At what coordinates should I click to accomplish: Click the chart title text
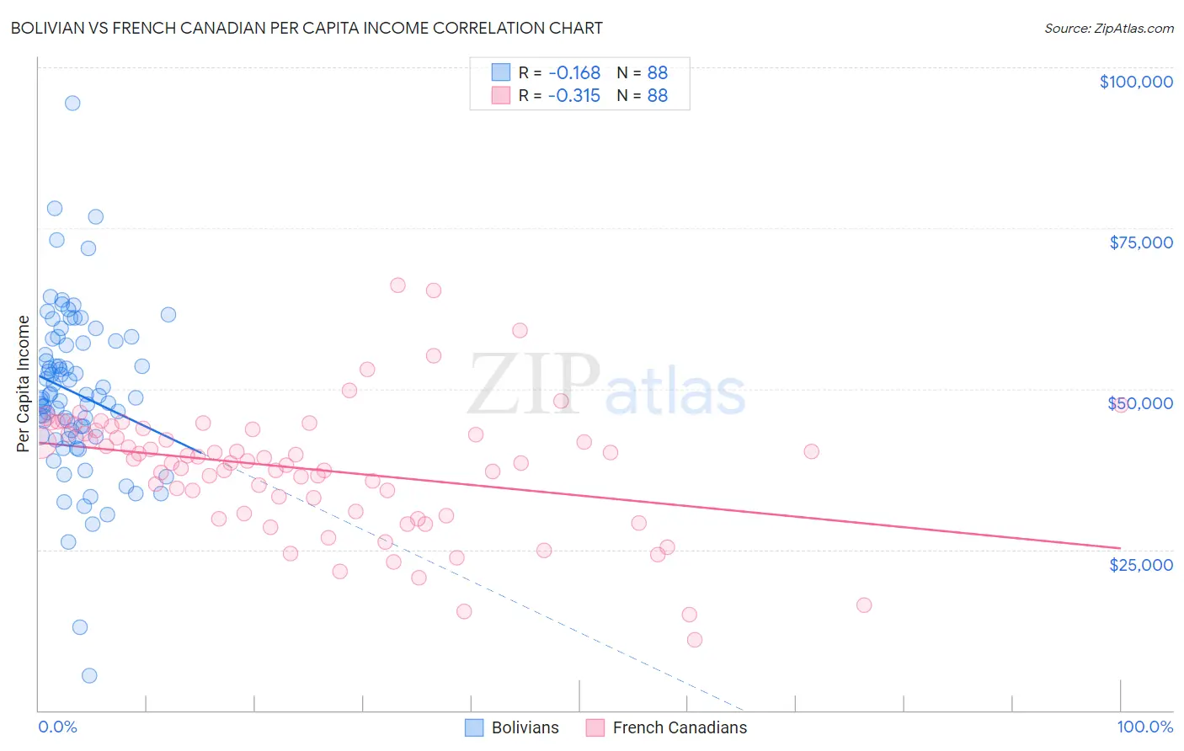[307, 28]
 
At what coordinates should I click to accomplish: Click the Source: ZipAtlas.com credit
[1108, 28]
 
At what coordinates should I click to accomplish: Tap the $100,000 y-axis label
[1135, 82]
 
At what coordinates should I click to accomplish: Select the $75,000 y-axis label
[1140, 242]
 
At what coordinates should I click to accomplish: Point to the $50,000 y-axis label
[1140, 403]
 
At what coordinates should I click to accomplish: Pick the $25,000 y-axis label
[1140, 564]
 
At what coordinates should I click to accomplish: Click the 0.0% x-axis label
[57, 727]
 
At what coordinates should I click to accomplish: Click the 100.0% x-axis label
[1144, 727]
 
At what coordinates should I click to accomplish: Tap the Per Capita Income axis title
[24, 383]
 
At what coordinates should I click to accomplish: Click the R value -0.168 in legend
[573, 72]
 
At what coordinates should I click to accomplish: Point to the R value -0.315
[573, 95]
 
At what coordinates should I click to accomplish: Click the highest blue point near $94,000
[72, 103]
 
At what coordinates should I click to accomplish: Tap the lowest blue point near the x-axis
[89, 675]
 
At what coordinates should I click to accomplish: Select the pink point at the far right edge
[1120, 405]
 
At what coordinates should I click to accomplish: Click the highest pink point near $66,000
[397, 285]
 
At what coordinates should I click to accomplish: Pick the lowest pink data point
[695, 640]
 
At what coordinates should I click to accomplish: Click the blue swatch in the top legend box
[501, 72]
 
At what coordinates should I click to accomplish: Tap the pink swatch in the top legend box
[501, 95]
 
